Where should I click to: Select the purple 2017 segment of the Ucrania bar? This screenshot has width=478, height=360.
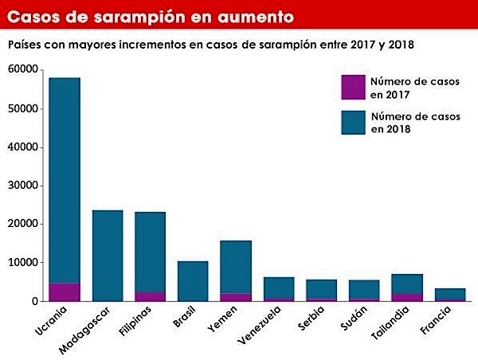tap(65, 292)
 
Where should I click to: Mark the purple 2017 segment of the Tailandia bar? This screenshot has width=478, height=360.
tap(406, 297)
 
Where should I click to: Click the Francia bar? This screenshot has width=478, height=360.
tap(449, 293)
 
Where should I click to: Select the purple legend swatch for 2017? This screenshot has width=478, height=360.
tap(352, 87)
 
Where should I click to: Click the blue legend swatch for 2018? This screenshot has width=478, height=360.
tap(352, 122)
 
